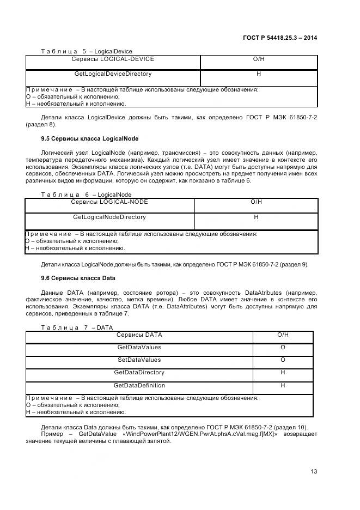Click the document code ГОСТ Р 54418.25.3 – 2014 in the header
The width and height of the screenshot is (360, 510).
(279, 38)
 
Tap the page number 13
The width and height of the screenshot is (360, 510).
(314, 471)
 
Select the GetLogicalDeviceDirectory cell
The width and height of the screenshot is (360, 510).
(113, 74)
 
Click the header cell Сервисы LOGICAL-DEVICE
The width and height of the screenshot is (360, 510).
(113, 59)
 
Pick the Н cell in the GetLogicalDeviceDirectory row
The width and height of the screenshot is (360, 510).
(259, 74)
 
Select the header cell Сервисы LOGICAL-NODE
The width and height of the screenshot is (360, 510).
(109, 202)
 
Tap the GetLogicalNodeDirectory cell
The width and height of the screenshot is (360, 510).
(109, 217)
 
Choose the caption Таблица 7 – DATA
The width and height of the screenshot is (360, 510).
(77, 327)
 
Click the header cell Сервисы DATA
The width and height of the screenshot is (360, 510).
(139, 335)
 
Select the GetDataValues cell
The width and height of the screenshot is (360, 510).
(139, 348)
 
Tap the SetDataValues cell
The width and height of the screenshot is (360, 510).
(139, 360)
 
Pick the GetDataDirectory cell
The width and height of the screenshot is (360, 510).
(139, 373)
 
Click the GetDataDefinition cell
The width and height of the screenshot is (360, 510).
(139, 386)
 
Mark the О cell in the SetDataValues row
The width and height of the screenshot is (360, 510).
(283, 360)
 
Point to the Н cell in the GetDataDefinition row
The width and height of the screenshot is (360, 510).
(283, 386)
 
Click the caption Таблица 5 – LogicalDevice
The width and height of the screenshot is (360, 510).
(87, 52)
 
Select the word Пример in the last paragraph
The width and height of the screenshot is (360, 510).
(53, 434)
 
